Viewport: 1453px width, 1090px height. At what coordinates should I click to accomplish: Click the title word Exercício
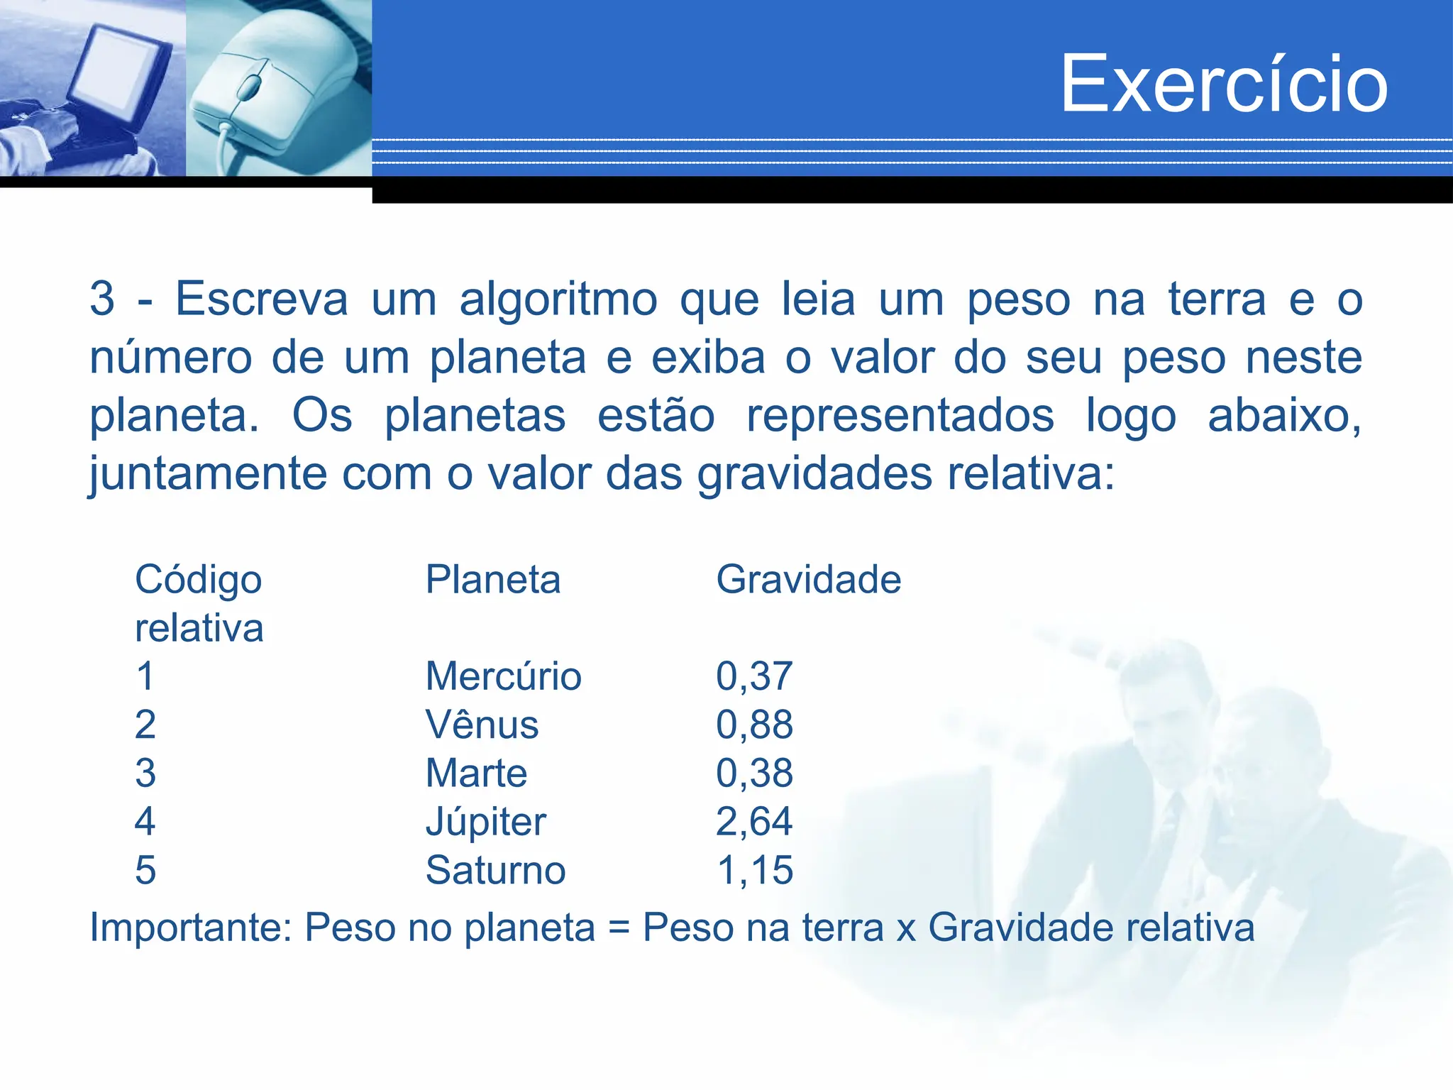point(1224,84)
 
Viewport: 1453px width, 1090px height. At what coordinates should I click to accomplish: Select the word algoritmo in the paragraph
point(558,299)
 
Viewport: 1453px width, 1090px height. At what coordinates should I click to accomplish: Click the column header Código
point(199,580)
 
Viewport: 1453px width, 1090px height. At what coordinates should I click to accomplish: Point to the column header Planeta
point(493,580)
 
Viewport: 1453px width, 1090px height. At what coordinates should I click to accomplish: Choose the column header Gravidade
point(808,580)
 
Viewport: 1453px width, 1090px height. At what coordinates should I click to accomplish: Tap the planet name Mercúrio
point(503,676)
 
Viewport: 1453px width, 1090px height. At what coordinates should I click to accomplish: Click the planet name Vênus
point(482,725)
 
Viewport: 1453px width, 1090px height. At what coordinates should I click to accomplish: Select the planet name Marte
point(476,773)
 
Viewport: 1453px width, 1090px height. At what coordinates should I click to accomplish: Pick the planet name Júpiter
point(485,822)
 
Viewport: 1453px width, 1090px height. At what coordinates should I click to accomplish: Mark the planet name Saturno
point(495,870)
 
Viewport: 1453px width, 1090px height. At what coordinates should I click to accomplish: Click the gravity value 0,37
point(754,676)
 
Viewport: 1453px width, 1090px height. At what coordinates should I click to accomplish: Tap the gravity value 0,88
point(754,725)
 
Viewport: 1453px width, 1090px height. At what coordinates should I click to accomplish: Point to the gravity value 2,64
point(754,822)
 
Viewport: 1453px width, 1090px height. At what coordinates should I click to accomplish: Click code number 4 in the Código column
point(145,822)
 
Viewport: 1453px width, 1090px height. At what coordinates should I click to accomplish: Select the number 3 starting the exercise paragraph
point(102,299)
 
